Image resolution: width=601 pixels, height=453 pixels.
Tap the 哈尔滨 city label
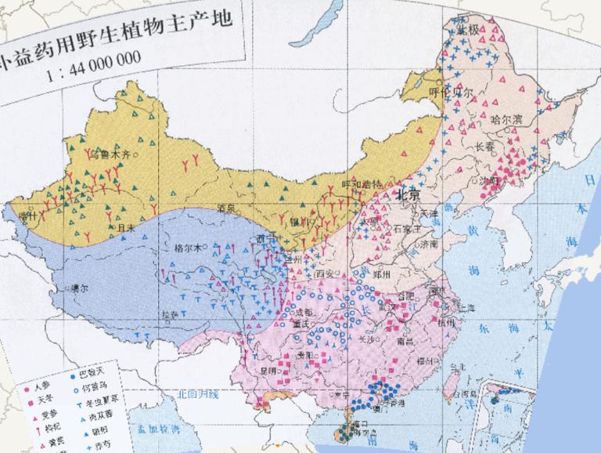tap(506, 120)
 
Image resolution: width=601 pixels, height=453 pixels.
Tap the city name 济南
tap(426, 244)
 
